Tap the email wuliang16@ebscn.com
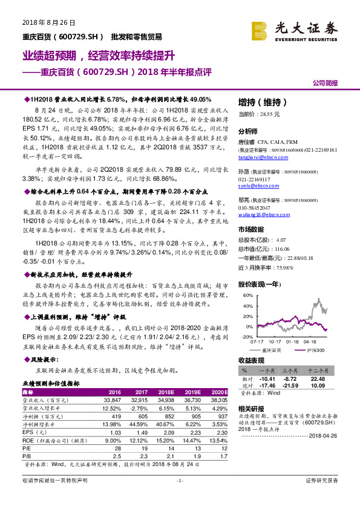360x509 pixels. tap(257, 231)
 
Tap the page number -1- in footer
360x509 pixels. tap(180, 497)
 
